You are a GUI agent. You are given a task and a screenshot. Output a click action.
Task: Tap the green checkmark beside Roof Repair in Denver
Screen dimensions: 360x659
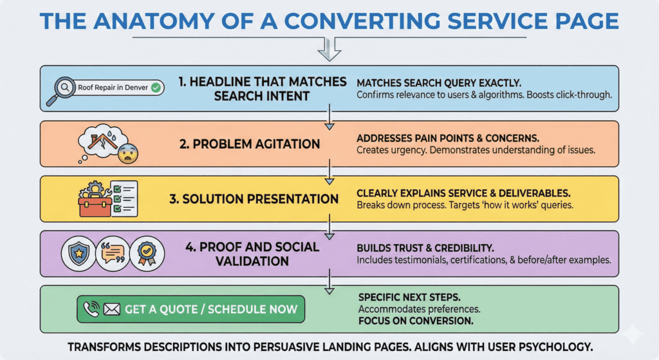(156, 89)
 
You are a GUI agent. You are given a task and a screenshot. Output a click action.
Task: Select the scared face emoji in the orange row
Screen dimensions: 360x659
(127, 153)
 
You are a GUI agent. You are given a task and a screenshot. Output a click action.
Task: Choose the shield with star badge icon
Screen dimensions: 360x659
(78, 254)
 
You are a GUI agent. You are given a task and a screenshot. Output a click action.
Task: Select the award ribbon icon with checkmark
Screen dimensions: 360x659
(147, 254)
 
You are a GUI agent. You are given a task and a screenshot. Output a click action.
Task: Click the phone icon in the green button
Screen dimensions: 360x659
(92, 310)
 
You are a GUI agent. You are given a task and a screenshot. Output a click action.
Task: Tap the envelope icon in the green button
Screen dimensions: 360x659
(112, 310)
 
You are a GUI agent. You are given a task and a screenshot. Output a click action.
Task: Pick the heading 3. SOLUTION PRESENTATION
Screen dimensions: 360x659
(254, 199)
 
